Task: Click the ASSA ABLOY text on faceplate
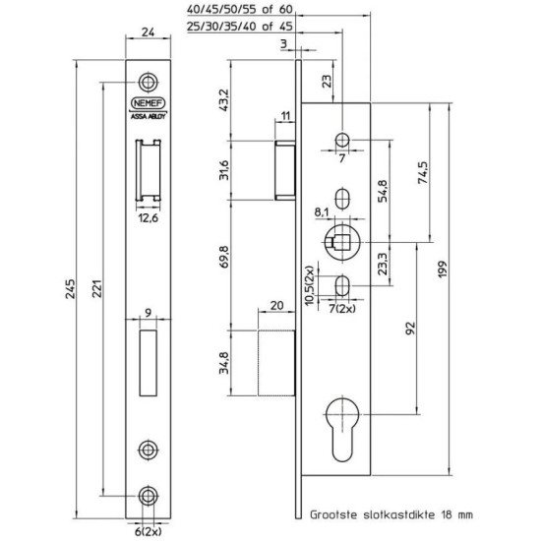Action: pos(148,114)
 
